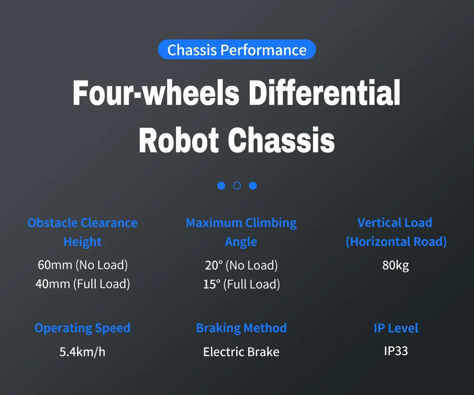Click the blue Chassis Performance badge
point(237,50)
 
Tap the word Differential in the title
point(324,93)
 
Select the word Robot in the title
point(178,140)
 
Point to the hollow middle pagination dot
point(237,186)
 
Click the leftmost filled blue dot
point(221,186)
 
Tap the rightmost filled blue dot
point(253,186)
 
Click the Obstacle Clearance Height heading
point(82,232)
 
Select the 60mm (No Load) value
point(83,265)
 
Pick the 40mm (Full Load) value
point(83,284)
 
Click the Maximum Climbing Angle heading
point(241,232)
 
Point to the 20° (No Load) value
point(241,265)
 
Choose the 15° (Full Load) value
point(241,284)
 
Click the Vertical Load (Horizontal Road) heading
point(396,232)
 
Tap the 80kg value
point(396,265)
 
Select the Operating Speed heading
point(82,328)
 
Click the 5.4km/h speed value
point(82,352)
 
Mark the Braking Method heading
point(241,328)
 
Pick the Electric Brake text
point(241,352)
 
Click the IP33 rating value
point(396,350)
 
